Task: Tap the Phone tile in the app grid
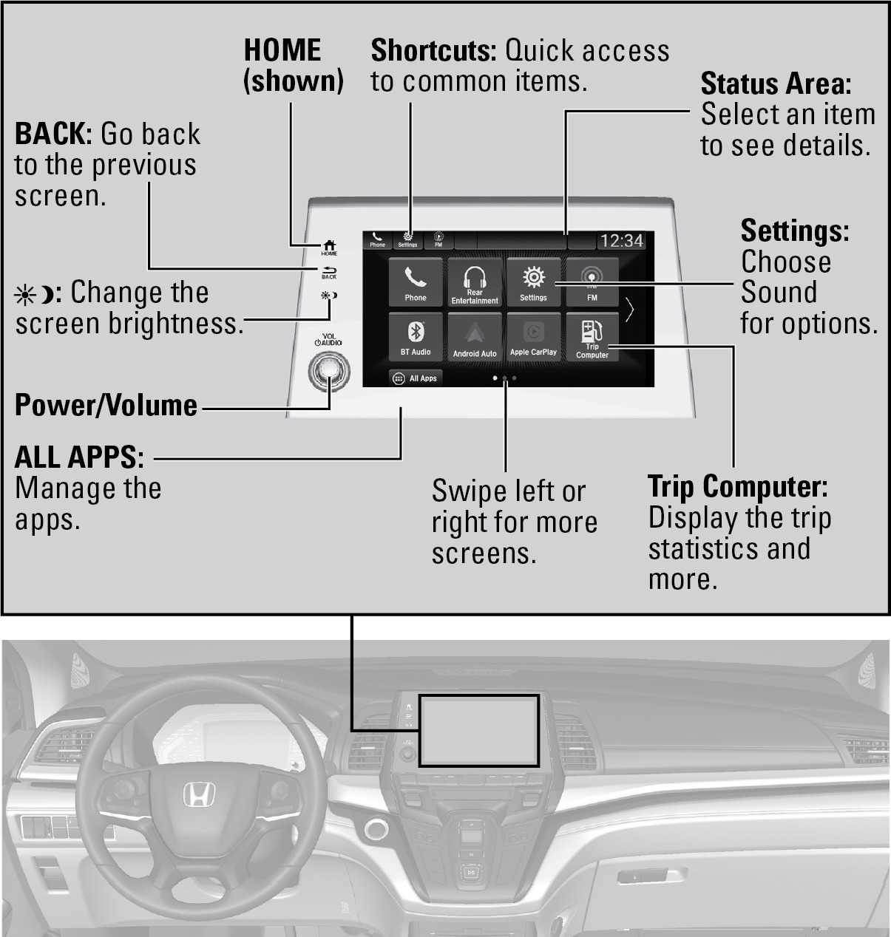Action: coord(416,282)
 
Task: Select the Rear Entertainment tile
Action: coord(475,282)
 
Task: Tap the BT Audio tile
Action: coord(416,336)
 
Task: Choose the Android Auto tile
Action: coord(475,336)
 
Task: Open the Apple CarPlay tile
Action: coord(533,336)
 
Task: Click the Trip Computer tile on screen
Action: coord(592,336)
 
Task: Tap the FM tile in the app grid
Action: coord(592,282)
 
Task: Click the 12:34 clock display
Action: coord(622,241)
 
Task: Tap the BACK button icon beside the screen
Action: coord(329,273)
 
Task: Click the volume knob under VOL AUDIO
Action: coord(329,371)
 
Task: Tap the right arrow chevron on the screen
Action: coord(629,310)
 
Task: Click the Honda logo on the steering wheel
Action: coord(199,794)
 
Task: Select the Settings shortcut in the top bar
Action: coord(407,239)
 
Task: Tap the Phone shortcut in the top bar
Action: coord(377,239)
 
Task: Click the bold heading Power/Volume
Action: coord(106,406)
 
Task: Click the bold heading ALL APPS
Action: coord(79,457)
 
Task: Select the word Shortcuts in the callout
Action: coord(434,50)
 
